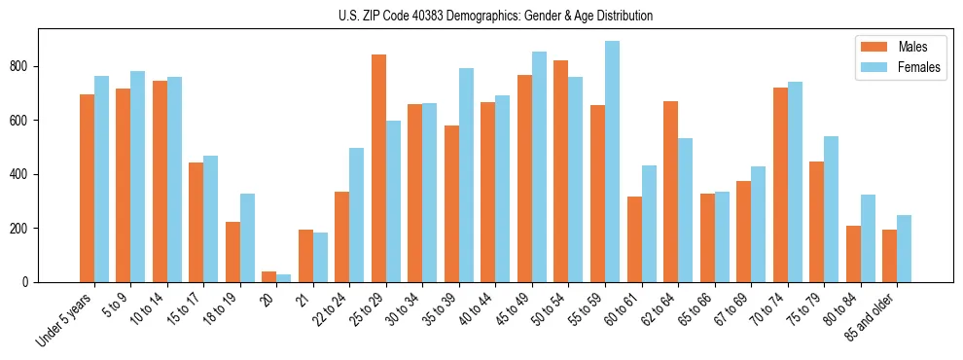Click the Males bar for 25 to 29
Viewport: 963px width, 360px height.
pos(378,168)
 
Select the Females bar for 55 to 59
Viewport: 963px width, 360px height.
pos(612,162)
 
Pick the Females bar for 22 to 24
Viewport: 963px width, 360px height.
pos(357,215)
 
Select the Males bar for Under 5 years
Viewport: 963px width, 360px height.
pos(87,188)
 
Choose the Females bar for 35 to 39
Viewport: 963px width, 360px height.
pos(466,175)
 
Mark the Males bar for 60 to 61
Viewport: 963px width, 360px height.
pos(634,239)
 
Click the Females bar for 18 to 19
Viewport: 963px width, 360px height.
pos(247,237)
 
